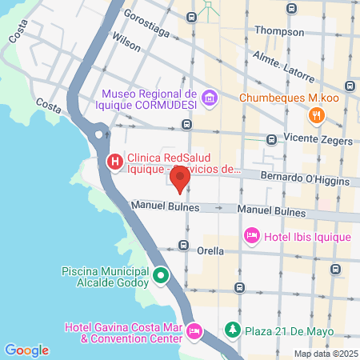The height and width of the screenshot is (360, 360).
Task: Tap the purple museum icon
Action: (210, 99)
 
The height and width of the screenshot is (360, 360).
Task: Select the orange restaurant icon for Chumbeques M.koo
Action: (318, 115)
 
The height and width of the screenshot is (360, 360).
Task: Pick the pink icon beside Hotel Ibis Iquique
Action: (251, 236)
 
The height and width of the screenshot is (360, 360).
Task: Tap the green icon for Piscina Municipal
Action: (160, 277)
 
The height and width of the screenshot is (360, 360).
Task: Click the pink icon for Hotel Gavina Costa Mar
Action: (193, 330)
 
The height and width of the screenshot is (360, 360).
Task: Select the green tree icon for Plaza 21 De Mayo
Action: (232, 330)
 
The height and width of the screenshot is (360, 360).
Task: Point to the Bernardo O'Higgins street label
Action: (305, 178)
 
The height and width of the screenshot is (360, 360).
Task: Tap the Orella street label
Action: (211, 250)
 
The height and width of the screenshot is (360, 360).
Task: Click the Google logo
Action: (26, 350)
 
